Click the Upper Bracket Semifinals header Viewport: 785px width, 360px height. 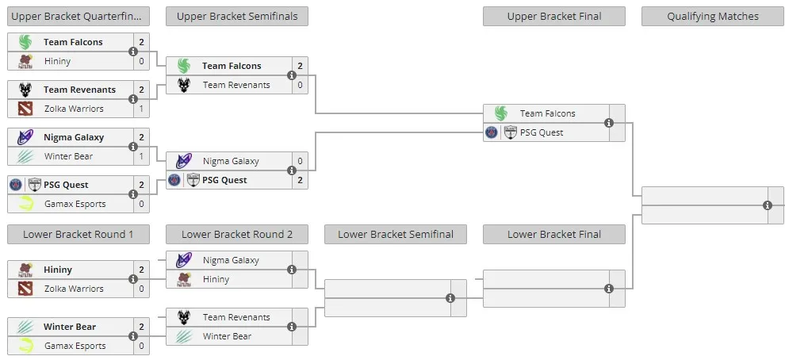coord(237,17)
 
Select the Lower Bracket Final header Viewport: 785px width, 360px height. coord(553,235)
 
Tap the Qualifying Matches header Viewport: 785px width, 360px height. coord(712,17)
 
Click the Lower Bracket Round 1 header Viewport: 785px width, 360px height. coord(78,235)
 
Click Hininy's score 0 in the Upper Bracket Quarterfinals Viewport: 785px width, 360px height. coord(141,61)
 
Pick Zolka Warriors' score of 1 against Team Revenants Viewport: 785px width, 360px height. coord(141,109)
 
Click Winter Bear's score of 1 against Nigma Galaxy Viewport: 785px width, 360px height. coord(141,156)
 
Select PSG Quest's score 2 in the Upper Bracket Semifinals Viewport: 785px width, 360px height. coord(300,180)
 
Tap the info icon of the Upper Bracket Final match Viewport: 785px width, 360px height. coord(609,123)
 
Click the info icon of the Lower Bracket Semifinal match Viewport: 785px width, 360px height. coord(450,298)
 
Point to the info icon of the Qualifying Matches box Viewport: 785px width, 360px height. coord(768,205)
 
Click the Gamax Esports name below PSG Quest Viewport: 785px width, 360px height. coord(75,204)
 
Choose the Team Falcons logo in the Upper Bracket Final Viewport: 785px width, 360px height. coord(500,113)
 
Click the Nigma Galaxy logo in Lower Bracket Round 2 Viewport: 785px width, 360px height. coord(184,260)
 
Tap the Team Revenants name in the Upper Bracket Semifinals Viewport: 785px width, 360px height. coord(236,85)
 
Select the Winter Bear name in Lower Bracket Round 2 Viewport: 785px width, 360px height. coord(227,336)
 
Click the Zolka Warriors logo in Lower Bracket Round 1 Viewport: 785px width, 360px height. coord(25,289)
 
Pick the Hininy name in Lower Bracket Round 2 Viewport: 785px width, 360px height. coord(216,279)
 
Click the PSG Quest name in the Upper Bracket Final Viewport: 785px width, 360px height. coord(542,132)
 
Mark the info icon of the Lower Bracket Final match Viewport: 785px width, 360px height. coord(609,289)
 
